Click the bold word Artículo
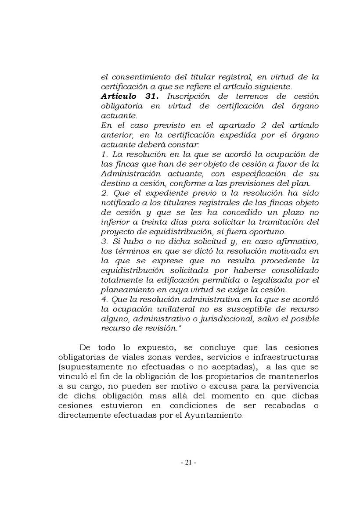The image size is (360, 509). pos(118,96)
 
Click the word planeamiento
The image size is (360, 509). pos(127,290)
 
